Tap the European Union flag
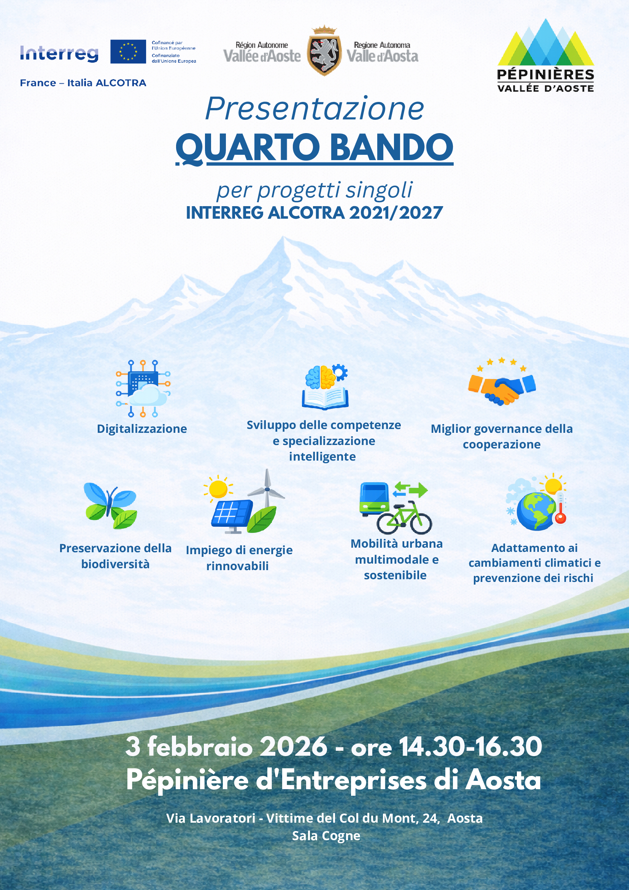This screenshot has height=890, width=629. coord(128,52)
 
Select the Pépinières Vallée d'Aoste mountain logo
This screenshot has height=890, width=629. coord(546,56)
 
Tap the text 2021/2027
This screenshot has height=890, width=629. coord(396,213)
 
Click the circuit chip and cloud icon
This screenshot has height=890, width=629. coord(143,388)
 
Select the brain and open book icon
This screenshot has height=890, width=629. coord(326,386)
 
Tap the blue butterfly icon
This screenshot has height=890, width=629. coord(110,505)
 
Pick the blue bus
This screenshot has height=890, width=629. coord(374,500)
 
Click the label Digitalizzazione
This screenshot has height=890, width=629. coord(142,429)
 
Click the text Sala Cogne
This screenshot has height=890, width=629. coord(326,836)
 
